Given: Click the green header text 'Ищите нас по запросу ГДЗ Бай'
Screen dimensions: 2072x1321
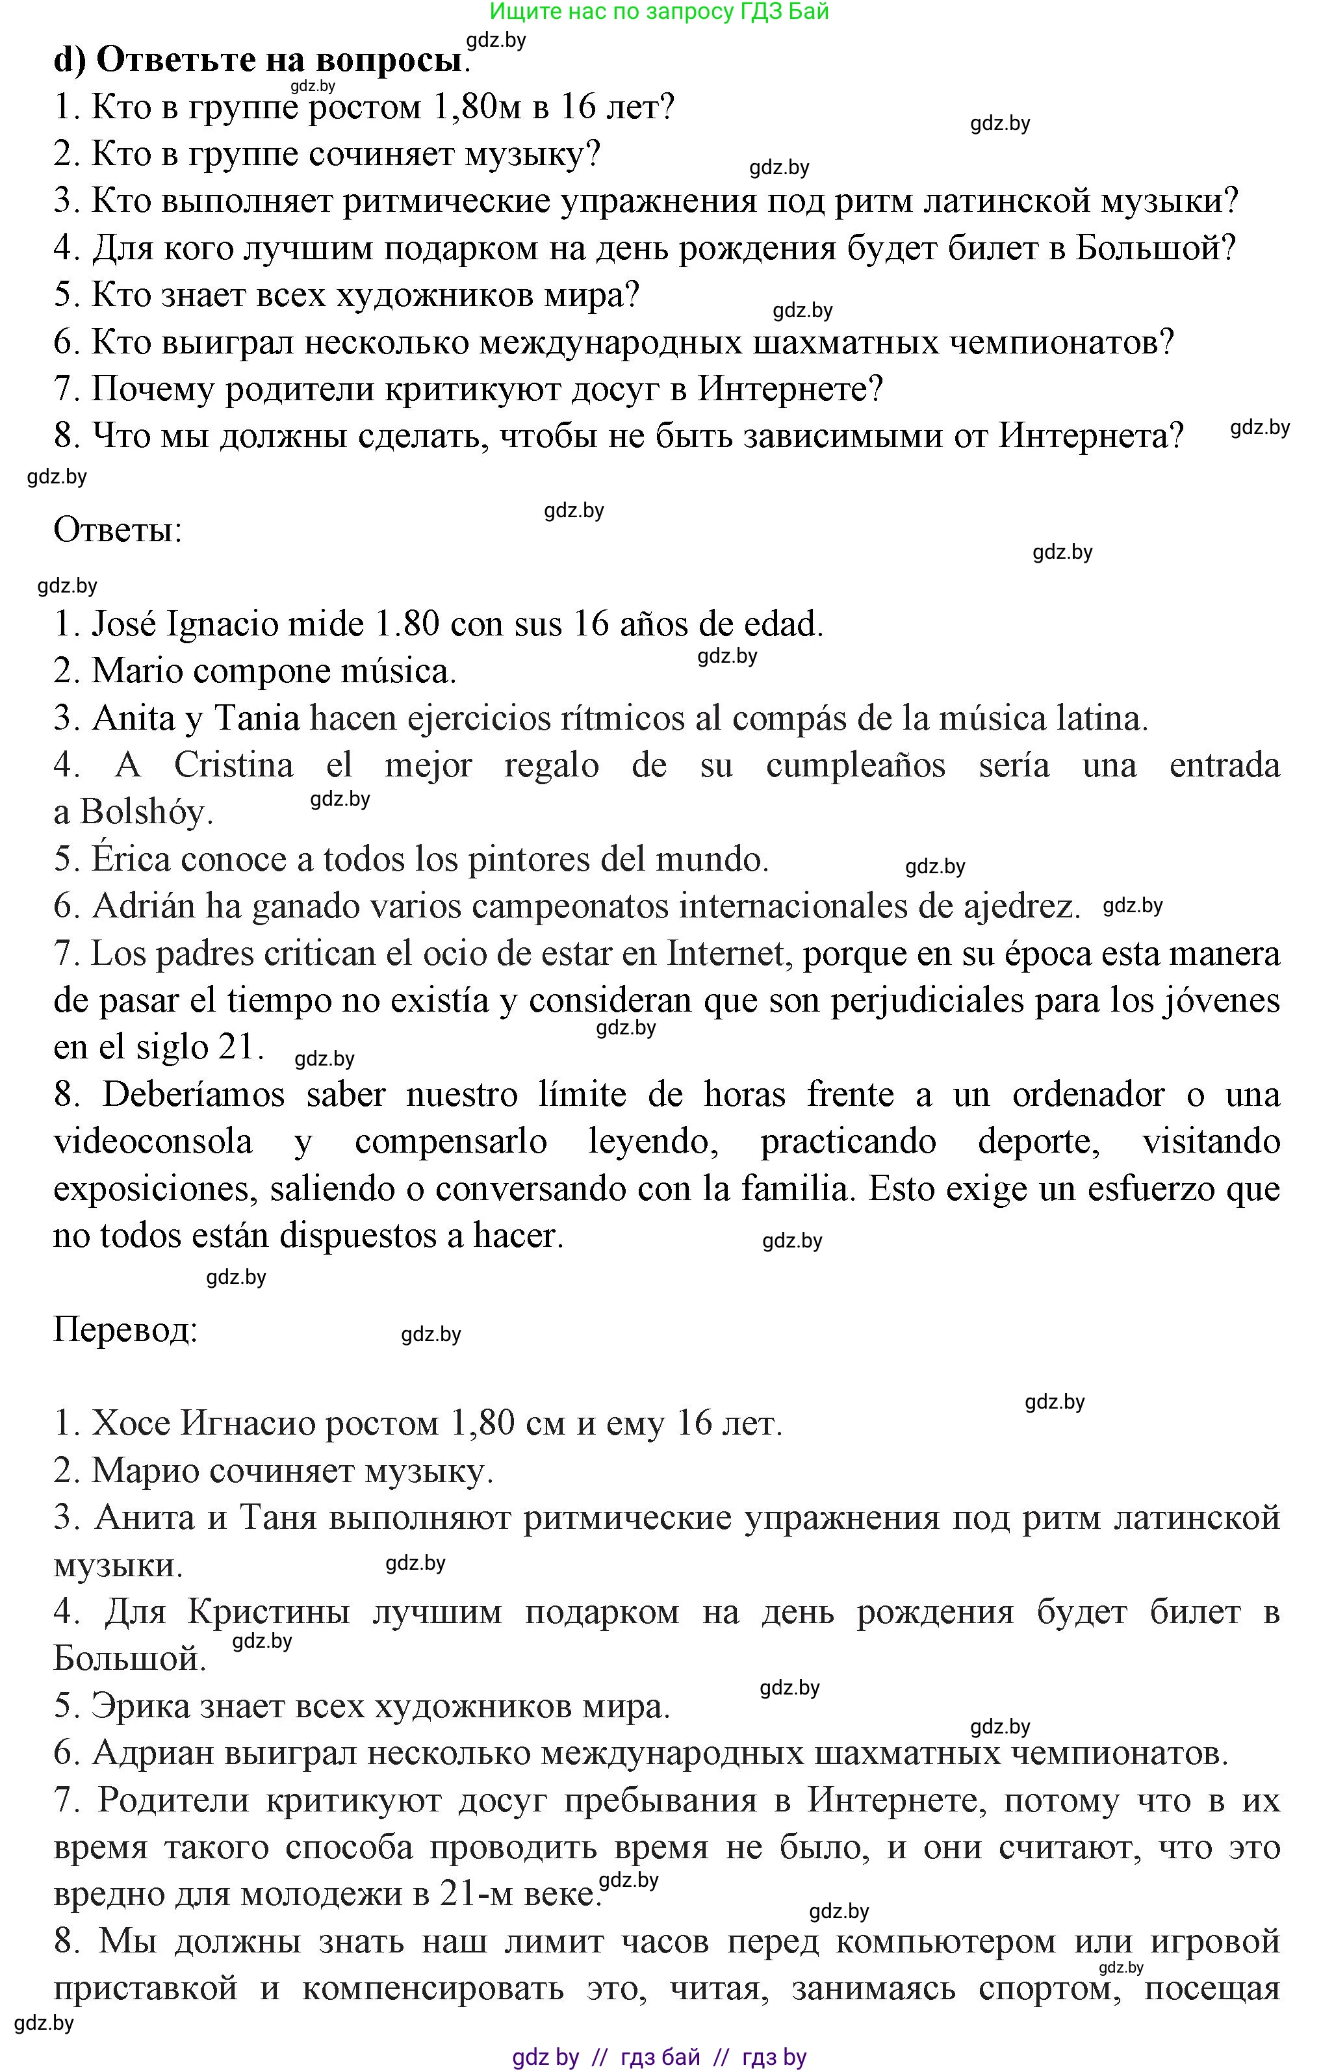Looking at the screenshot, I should coord(660,12).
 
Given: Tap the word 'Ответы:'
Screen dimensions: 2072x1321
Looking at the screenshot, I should coord(118,530).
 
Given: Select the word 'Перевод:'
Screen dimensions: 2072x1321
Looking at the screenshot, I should coord(125,1329).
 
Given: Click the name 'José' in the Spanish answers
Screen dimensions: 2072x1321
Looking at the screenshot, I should coord(124,624).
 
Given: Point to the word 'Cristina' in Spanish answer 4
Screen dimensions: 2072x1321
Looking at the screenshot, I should coord(233,765).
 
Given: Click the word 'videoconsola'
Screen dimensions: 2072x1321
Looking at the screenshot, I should coord(153,1142).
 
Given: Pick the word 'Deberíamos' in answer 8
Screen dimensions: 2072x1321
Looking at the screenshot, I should coord(194,1095).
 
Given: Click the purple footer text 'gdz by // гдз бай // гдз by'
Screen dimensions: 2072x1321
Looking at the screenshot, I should coord(660,2057).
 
